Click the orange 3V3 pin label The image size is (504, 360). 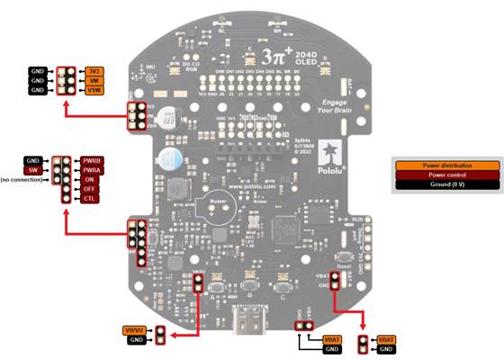[94, 70]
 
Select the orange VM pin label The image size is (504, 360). [94, 80]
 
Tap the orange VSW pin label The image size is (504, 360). [94, 90]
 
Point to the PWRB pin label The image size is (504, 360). [91, 160]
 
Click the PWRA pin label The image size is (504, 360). [91, 169]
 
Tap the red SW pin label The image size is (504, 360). [33, 169]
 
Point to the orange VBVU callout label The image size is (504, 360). [136, 330]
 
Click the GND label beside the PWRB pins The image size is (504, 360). [33, 160]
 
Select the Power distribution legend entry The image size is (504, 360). [446, 165]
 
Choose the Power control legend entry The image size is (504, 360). [446, 175]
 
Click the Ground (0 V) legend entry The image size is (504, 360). [446, 184]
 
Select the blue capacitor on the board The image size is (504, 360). [167, 159]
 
